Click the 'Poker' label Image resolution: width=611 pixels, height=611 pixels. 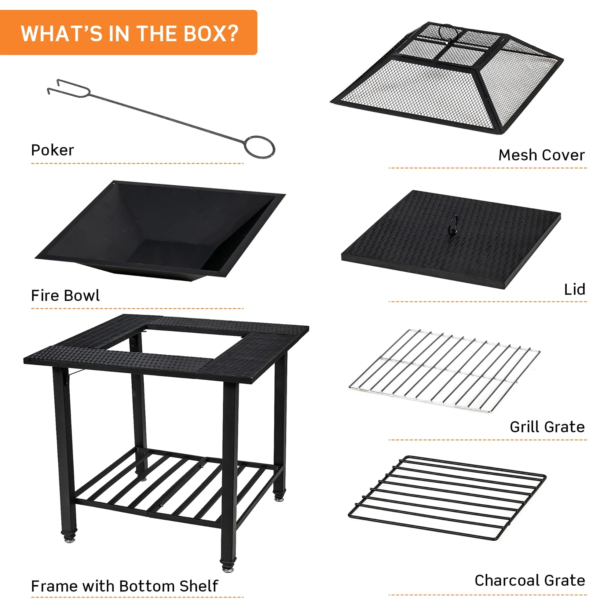(x=52, y=150)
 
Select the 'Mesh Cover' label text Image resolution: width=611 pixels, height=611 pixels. (x=541, y=155)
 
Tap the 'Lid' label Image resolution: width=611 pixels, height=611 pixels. (x=575, y=289)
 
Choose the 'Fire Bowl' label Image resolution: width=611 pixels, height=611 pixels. (x=65, y=295)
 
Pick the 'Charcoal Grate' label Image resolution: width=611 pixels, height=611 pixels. (x=530, y=580)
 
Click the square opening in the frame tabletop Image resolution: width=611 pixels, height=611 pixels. (x=177, y=340)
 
